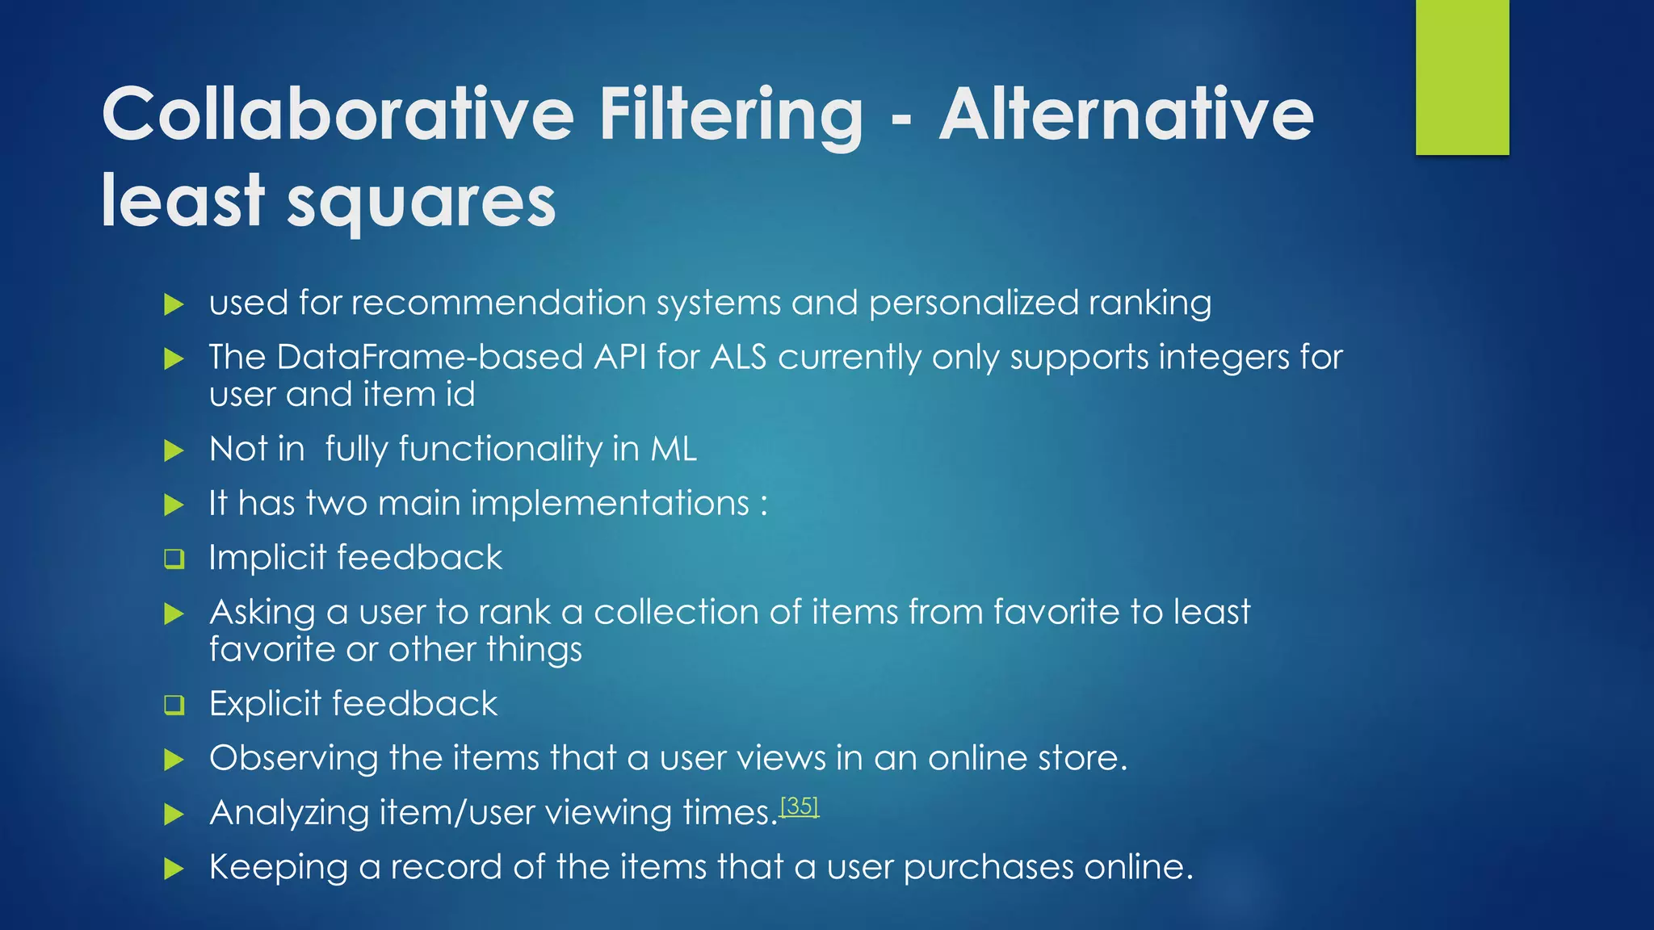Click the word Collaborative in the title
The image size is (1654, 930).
click(338, 114)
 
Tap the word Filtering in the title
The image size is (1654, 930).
click(731, 114)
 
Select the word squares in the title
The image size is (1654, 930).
click(421, 202)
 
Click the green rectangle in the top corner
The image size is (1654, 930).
click(1462, 77)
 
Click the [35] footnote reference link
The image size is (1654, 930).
click(800, 806)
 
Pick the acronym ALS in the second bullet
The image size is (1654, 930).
click(738, 357)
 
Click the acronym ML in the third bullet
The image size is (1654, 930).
click(674, 449)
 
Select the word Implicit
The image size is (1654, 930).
click(267, 558)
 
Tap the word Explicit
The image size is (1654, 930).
click(267, 704)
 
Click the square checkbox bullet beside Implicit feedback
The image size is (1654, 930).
click(174, 559)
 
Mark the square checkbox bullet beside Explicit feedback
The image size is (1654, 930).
click(174, 705)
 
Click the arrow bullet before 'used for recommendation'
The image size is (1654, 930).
click(174, 304)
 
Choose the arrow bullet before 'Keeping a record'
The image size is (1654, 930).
click(174, 869)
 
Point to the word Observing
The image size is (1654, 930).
click(293, 758)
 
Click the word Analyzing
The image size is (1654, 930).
click(289, 813)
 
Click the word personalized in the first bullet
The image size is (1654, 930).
click(973, 304)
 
